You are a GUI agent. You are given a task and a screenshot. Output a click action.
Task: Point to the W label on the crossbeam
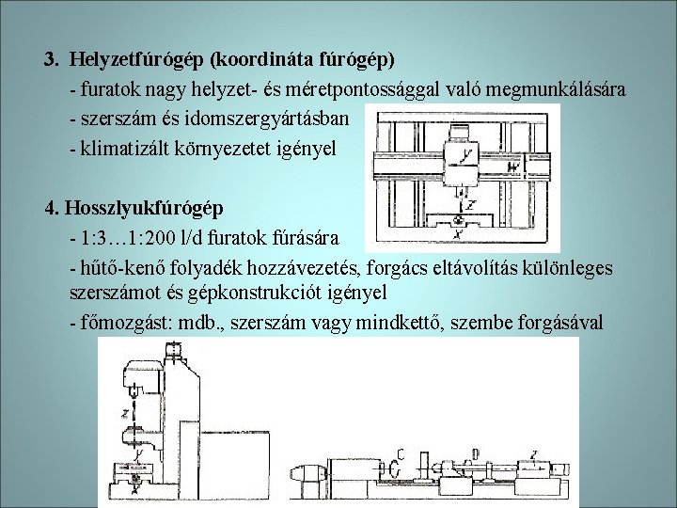[x=513, y=168]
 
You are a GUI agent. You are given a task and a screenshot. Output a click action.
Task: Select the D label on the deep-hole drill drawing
[x=476, y=453]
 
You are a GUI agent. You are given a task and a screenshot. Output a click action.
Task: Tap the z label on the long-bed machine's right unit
[x=533, y=453]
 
